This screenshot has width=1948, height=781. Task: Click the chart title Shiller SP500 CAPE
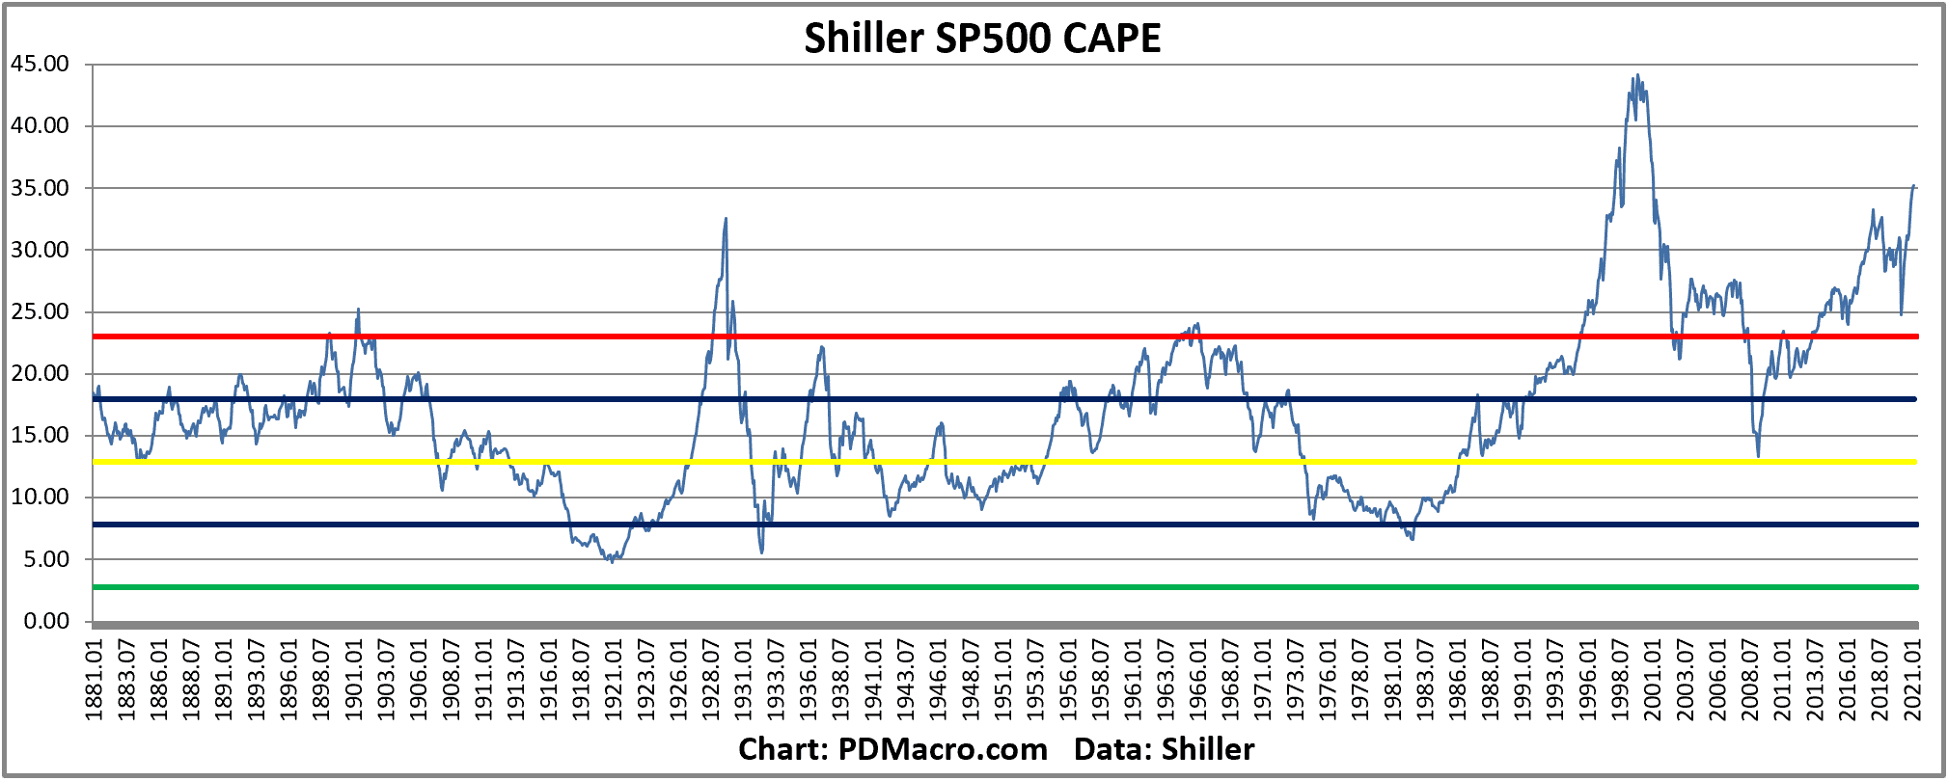click(x=982, y=39)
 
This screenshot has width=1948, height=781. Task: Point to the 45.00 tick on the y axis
click(x=41, y=64)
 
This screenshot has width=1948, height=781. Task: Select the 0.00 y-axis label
click(x=46, y=621)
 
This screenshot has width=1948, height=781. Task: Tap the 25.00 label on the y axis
click(x=41, y=311)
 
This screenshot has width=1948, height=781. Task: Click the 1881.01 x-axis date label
click(x=95, y=680)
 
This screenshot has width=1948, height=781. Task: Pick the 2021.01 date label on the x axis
click(x=1912, y=680)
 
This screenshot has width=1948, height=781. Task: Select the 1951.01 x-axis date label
click(x=1003, y=680)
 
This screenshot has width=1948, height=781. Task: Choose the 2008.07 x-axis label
click(x=1750, y=680)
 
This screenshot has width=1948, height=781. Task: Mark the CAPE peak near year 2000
click(x=1637, y=76)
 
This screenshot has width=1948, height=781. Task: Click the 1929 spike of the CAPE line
click(x=726, y=220)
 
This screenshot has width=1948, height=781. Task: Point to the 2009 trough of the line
click(x=1758, y=455)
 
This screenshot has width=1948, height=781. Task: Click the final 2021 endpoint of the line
click(x=1914, y=186)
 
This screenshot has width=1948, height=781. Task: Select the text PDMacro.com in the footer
click(x=942, y=749)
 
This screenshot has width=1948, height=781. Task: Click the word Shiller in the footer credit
click(x=1207, y=749)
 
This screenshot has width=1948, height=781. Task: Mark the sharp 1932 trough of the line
click(x=761, y=552)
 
